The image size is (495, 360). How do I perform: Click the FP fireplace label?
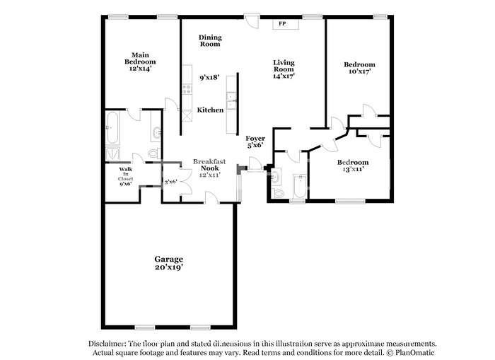coord(282,23)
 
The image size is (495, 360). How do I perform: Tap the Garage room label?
coord(168,260)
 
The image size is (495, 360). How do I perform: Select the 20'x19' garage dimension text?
coord(169,267)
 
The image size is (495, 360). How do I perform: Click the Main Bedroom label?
coord(140,59)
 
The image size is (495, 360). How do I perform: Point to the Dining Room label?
coord(210,41)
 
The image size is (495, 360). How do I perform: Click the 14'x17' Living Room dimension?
coord(284,76)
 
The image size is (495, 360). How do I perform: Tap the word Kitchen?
coord(210,110)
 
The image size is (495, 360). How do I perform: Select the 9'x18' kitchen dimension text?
coord(209,77)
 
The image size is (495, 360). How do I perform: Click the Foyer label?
coord(255,139)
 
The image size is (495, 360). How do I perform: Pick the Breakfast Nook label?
coord(209,165)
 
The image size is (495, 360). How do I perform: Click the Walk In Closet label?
coord(125,174)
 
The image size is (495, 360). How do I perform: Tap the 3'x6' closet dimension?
coord(171,182)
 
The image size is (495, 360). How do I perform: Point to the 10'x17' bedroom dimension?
coord(359,71)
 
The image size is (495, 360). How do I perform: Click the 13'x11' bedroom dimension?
coord(353,169)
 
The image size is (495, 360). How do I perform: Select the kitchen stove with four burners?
coord(187,89)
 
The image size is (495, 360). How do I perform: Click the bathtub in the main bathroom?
coord(112,128)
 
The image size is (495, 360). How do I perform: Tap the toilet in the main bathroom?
coord(153,153)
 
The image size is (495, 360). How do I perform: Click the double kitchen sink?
coord(231,100)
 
